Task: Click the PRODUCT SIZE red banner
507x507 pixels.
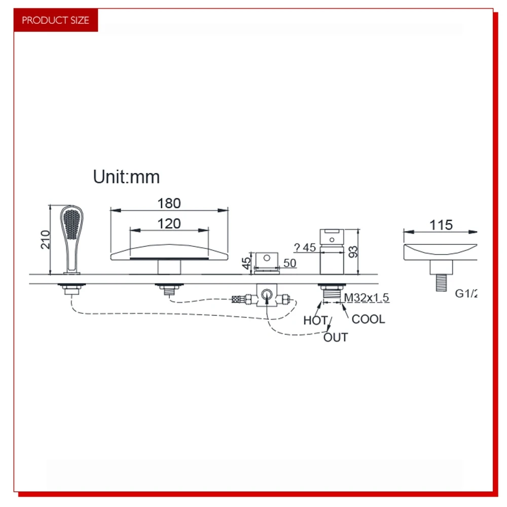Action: [x=55, y=20]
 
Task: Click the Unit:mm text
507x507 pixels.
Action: [x=126, y=177]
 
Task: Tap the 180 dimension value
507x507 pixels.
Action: [x=169, y=203]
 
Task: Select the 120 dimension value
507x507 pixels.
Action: [x=169, y=223]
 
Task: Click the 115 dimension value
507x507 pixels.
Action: [x=441, y=225]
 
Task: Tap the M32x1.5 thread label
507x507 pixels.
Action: [x=367, y=298]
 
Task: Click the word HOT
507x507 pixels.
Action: [x=315, y=320]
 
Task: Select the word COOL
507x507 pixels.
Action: [x=368, y=319]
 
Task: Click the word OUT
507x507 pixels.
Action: [x=336, y=337]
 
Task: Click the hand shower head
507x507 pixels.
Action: [x=71, y=226]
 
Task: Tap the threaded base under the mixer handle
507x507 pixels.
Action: [x=331, y=293]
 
